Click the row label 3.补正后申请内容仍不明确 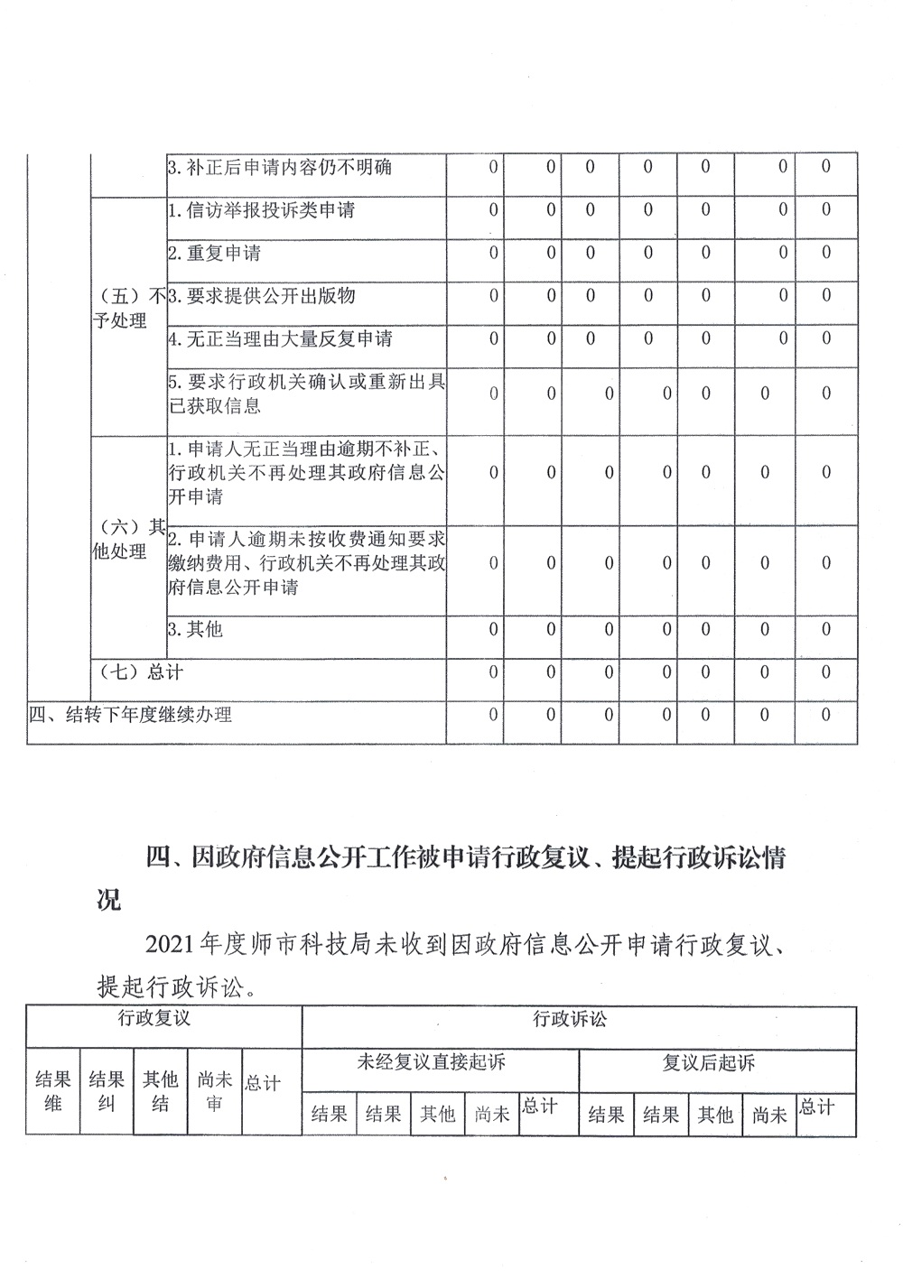click(280, 168)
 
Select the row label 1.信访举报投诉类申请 click(261, 210)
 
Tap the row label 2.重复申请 click(214, 254)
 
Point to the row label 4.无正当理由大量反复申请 click(280, 339)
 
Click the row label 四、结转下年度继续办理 click(130, 715)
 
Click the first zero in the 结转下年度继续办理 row click(493, 715)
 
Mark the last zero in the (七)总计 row click(825, 671)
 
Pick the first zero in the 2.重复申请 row click(493, 254)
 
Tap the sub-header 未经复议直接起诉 click(432, 1062)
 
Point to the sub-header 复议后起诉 click(708, 1063)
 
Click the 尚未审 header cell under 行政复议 click(214, 1090)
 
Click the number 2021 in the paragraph click(172, 945)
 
